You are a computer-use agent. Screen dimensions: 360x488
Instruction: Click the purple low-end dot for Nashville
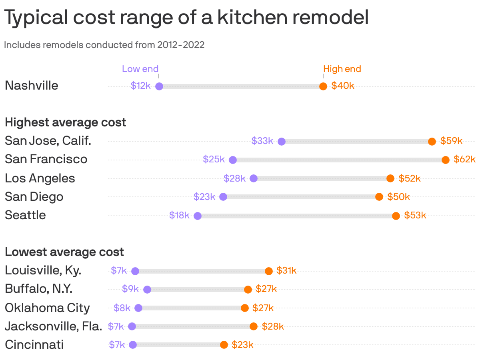(x=159, y=86)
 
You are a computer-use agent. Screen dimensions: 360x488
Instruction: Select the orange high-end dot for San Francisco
(x=446, y=160)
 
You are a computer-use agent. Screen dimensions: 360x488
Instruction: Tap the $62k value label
(x=464, y=160)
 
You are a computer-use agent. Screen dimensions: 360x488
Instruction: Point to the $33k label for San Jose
(x=262, y=141)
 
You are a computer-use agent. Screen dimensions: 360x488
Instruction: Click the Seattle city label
(x=25, y=215)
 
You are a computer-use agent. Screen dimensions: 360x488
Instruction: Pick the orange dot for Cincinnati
(x=224, y=345)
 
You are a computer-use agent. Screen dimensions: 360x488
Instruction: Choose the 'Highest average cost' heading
(x=66, y=122)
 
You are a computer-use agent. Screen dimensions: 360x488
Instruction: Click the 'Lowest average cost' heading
(x=64, y=252)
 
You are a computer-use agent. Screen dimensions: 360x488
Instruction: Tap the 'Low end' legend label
(x=140, y=69)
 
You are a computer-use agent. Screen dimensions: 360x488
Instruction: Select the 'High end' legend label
(x=342, y=69)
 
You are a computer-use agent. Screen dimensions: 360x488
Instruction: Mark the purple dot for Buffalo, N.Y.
(x=147, y=290)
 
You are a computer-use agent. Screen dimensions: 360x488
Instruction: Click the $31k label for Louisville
(x=286, y=271)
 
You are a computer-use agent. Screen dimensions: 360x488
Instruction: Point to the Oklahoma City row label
(x=47, y=308)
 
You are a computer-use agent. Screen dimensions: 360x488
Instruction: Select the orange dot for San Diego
(x=379, y=197)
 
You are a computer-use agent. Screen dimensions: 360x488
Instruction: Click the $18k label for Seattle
(x=179, y=215)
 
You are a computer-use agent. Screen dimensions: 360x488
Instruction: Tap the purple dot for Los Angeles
(x=253, y=178)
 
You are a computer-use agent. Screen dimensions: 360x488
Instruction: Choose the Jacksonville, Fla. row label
(x=53, y=326)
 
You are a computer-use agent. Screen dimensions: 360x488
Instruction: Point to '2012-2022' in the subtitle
(x=181, y=45)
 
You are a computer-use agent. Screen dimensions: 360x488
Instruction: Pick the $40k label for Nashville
(x=343, y=86)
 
